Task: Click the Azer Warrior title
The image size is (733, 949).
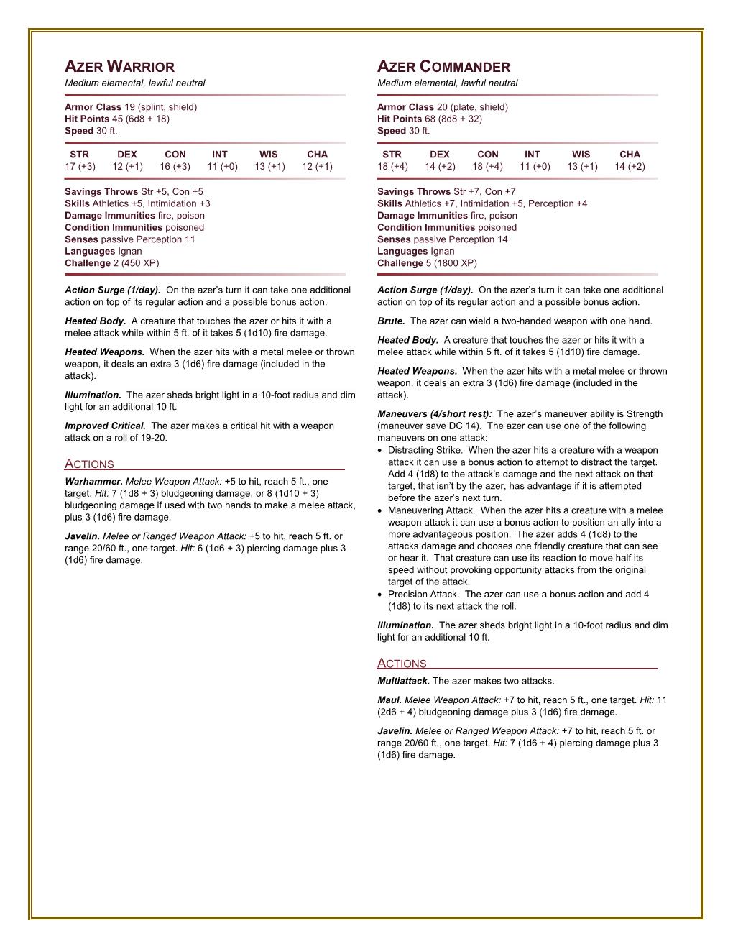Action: coord(119,68)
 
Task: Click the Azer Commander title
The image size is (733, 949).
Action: coord(443,68)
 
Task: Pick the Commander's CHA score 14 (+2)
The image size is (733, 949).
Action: coord(629,166)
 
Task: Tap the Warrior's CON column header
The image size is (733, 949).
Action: coord(175,154)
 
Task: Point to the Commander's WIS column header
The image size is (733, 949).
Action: coord(581,154)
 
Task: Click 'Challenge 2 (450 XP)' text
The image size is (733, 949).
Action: coord(111,263)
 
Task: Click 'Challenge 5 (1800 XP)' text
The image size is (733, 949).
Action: coord(427,263)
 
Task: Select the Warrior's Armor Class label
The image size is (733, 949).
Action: coord(93,107)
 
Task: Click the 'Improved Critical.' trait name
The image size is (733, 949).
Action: coord(105,426)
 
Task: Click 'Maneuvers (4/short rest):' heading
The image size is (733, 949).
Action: coord(434,414)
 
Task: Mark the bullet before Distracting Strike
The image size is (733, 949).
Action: coord(380,451)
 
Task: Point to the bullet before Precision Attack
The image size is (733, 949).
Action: coord(380,595)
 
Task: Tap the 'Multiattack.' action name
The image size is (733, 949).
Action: coord(403,681)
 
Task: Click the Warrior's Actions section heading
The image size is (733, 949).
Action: coord(89,464)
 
